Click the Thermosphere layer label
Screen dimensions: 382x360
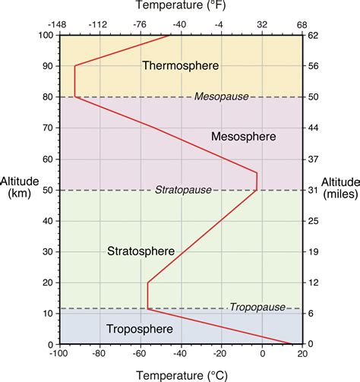[x=180, y=66]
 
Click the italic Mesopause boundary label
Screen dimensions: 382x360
[x=218, y=96]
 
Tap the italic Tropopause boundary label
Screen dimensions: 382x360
[x=257, y=307]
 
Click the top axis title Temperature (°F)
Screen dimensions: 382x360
[x=180, y=7]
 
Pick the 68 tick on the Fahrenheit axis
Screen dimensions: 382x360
[x=302, y=24]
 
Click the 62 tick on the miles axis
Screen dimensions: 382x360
[x=313, y=35]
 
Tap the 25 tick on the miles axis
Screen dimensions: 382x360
[x=313, y=220]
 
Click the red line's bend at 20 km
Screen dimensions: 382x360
[x=147, y=283]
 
